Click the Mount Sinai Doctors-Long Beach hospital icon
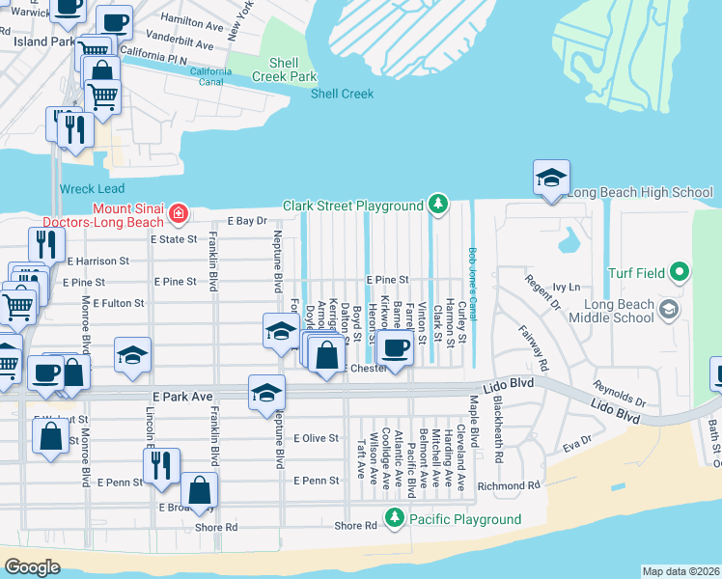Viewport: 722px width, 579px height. click(177, 212)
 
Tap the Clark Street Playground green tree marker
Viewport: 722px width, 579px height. click(438, 205)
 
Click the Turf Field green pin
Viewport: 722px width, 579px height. click(679, 273)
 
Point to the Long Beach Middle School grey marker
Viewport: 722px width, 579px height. click(669, 309)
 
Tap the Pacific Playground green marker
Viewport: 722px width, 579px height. click(395, 519)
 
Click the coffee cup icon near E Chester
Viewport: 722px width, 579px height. click(395, 347)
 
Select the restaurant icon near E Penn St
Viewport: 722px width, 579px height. click(161, 466)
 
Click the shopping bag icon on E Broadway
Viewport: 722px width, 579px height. click(199, 492)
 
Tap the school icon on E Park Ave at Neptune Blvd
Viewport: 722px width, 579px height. click(266, 393)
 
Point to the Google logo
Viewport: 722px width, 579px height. click(32, 567)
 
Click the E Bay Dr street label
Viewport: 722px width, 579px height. click(246, 221)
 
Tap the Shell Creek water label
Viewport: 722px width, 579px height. click(342, 94)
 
